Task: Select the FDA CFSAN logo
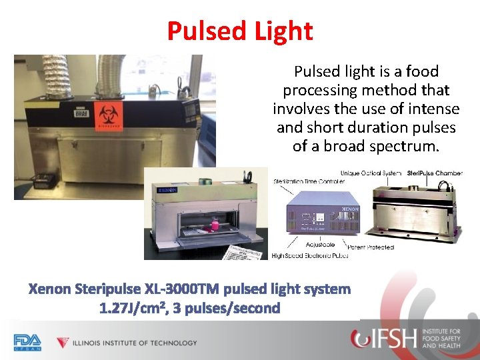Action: pyautogui.click(x=27, y=342)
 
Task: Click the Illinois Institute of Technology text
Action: pyautogui.click(x=135, y=343)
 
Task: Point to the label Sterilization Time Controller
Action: pyautogui.click(x=309, y=181)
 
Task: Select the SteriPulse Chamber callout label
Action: pyautogui.click(x=434, y=173)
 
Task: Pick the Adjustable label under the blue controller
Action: pyautogui.click(x=320, y=245)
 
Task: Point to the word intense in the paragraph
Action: pyautogui.click(x=434, y=109)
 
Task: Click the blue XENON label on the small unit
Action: pyautogui.click(x=161, y=190)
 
